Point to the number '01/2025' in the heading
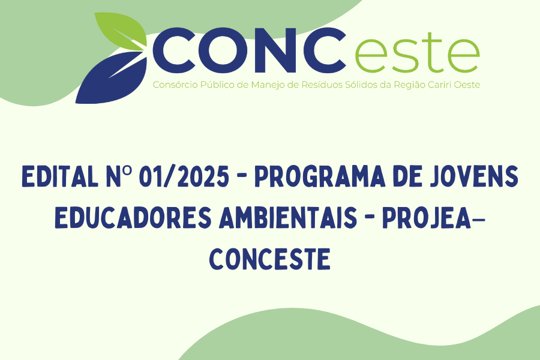click(x=184, y=176)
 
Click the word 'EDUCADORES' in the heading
click(x=133, y=218)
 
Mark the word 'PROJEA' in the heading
click(x=427, y=218)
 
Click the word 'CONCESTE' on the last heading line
click(x=270, y=259)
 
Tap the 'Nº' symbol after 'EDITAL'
click(x=118, y=176)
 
